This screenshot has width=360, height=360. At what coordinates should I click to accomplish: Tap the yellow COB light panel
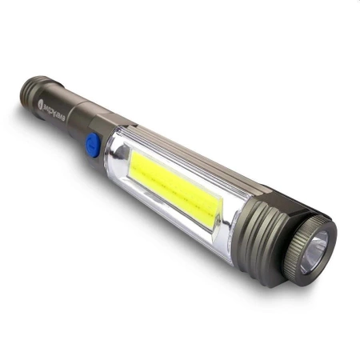177,182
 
